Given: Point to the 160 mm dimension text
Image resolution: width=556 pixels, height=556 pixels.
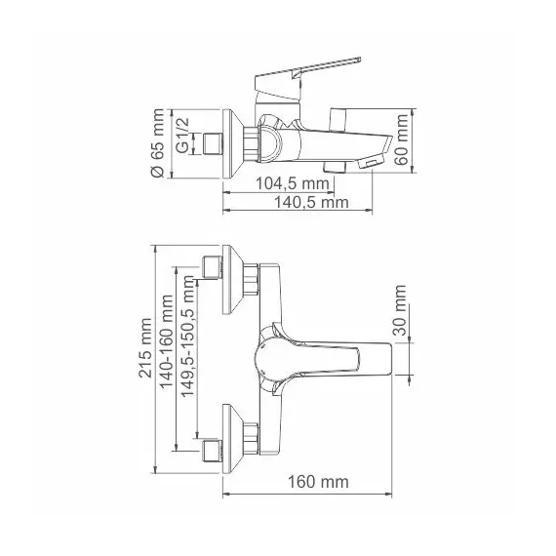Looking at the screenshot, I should (318, 482).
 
